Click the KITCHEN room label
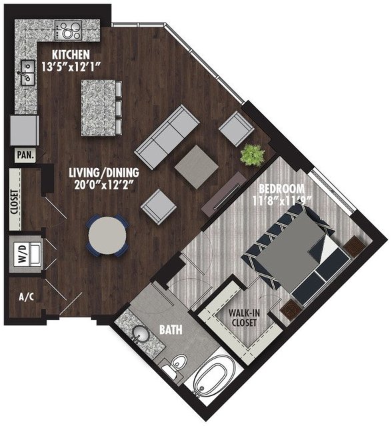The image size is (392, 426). (x=71, y=55)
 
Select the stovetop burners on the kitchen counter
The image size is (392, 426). (x=68, y=30)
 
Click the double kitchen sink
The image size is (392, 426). (x=27, y=73)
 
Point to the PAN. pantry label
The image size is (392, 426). (x=25, y=155)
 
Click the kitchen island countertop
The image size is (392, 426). (x=99, y=108)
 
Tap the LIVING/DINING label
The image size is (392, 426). (x=103, y=173)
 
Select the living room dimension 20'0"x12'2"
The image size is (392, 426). (x=105, y=185)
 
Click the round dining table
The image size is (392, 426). (x=107, y=235)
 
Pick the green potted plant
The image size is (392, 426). (x=253, y=155)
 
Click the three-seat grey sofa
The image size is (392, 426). (x=167, y=137)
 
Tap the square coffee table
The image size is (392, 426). (x=196, y=167)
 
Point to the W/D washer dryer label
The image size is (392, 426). (x=23, y=253)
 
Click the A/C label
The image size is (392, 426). (x=27, y=297)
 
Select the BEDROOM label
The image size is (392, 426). (x=281, y=189)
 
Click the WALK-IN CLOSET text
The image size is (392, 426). (x=244, y=317)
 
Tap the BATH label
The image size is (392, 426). (x=171, y=329)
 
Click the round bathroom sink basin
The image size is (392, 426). (x=141, y=334)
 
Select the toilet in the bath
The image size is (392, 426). (x=175, y=366)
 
